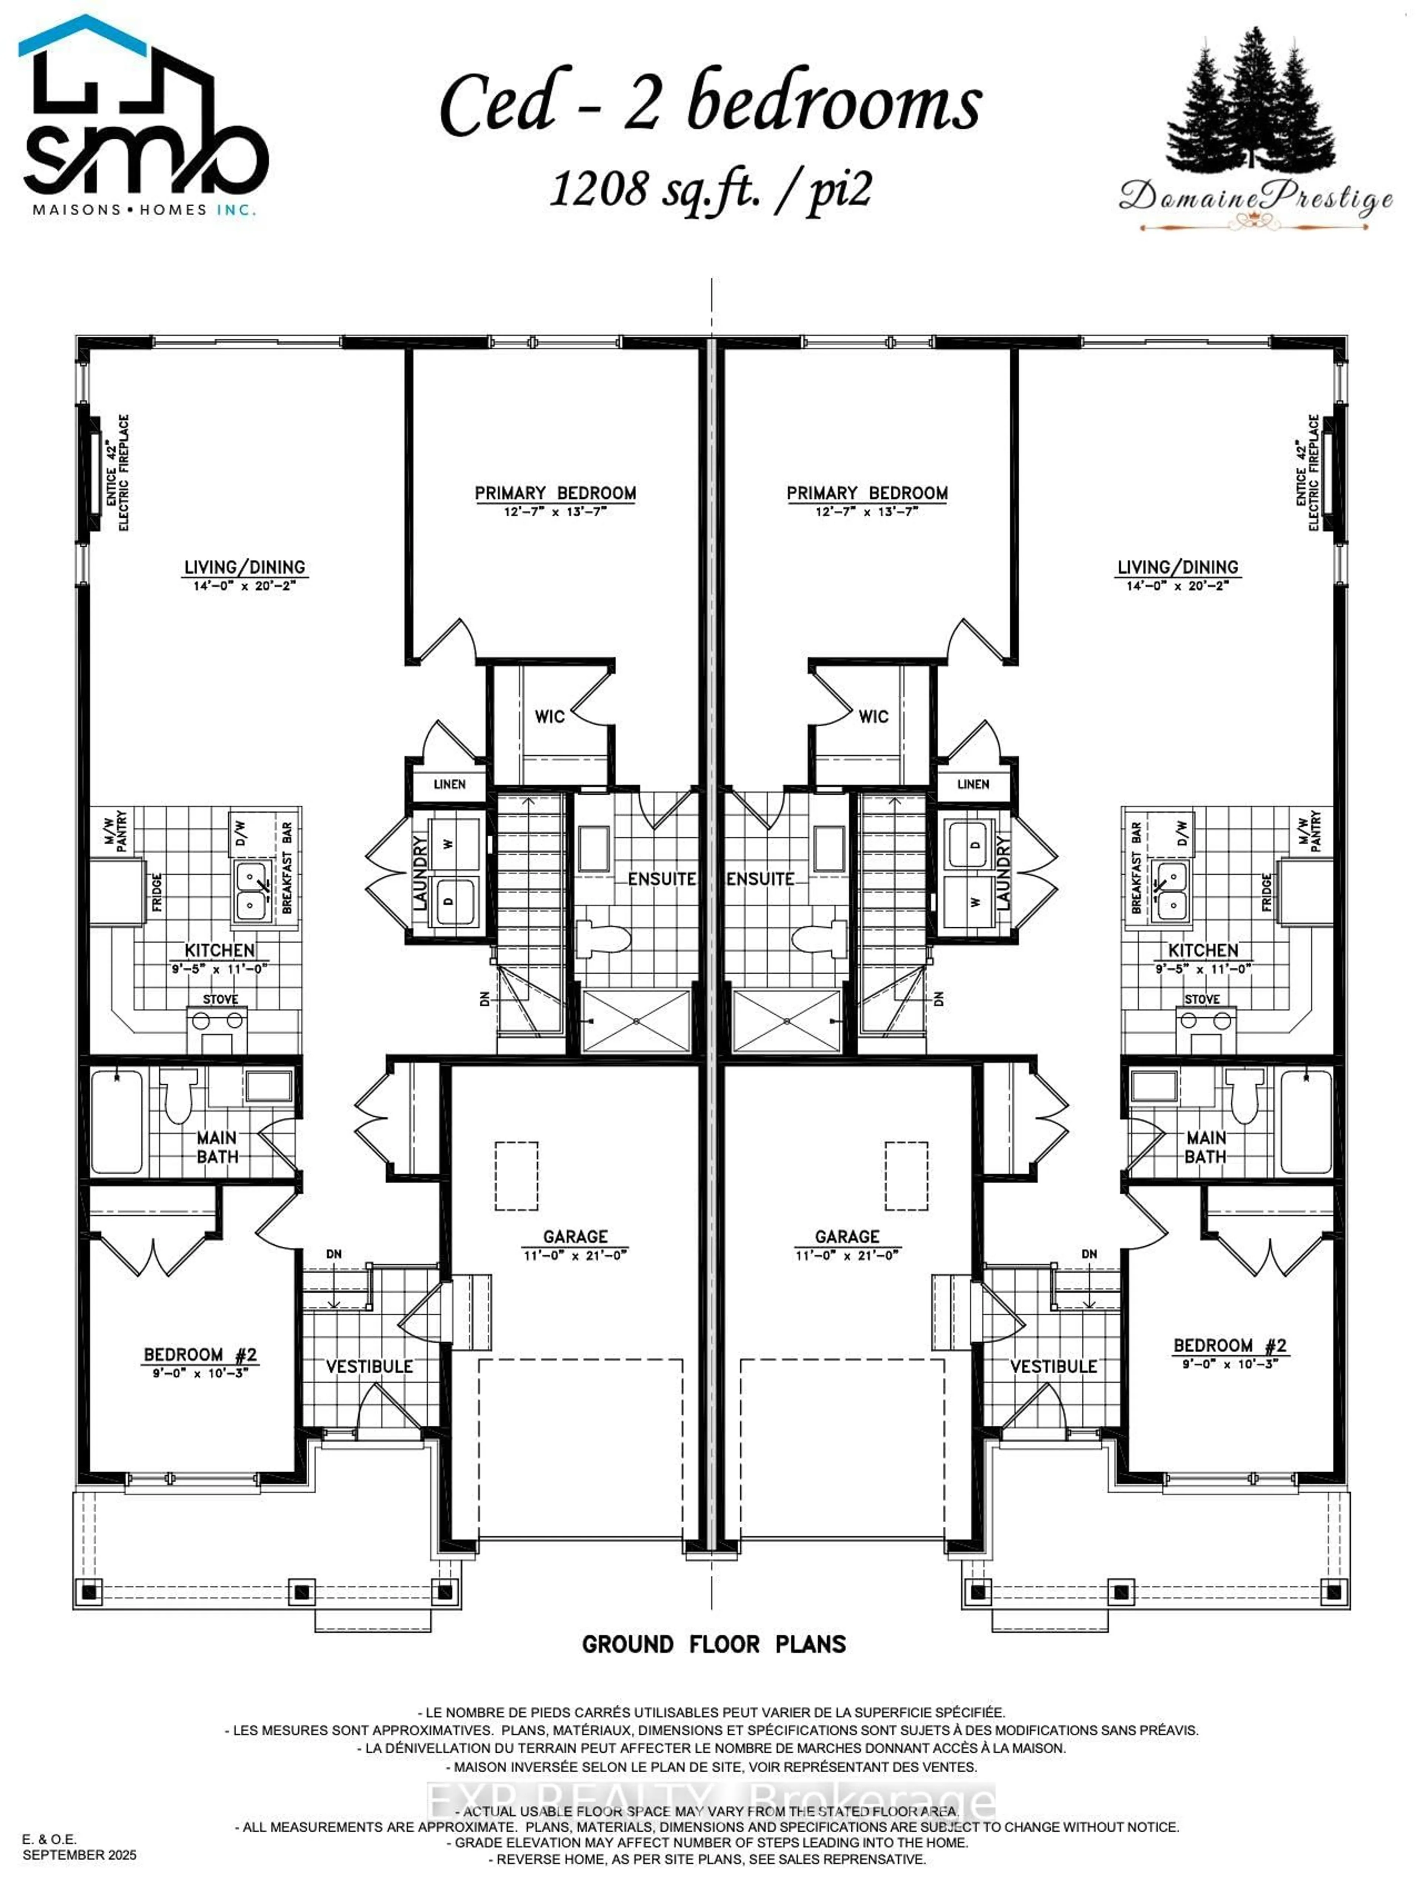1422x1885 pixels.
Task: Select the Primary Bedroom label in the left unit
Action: (x=555, y=493)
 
